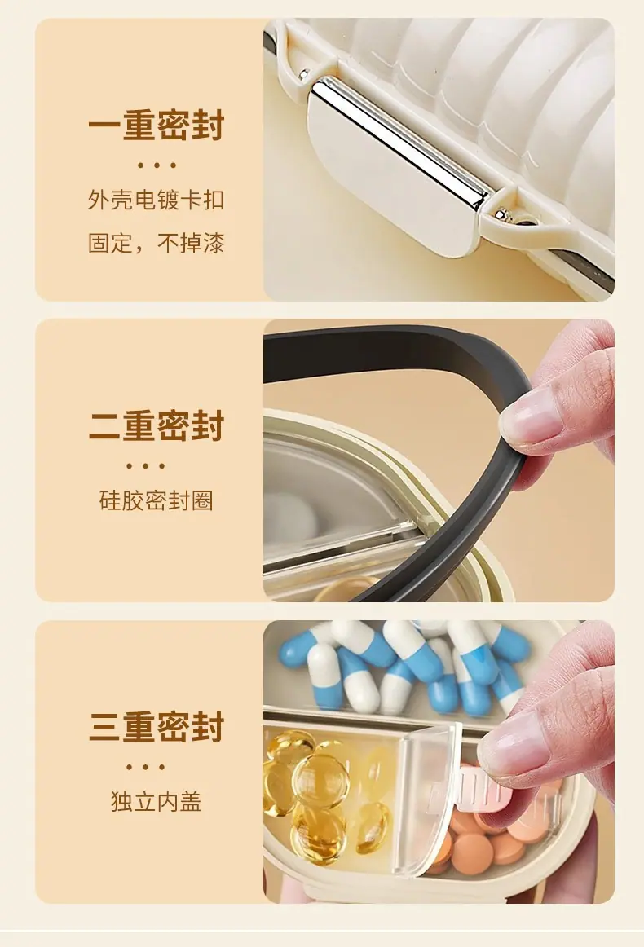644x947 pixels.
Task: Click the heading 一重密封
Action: (157, 125)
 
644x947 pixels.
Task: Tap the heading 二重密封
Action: (157, 425)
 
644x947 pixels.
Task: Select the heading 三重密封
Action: (157, 726)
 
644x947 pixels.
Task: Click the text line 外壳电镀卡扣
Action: (157, 200)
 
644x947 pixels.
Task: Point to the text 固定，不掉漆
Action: (157, 243)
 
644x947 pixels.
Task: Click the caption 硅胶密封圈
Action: (157, 500)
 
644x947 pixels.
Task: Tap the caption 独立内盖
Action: (157, 801)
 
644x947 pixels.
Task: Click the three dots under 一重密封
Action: (157, 165)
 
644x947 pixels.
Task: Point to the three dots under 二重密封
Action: (145, 465)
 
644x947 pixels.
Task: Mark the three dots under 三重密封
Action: (145, 767)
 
